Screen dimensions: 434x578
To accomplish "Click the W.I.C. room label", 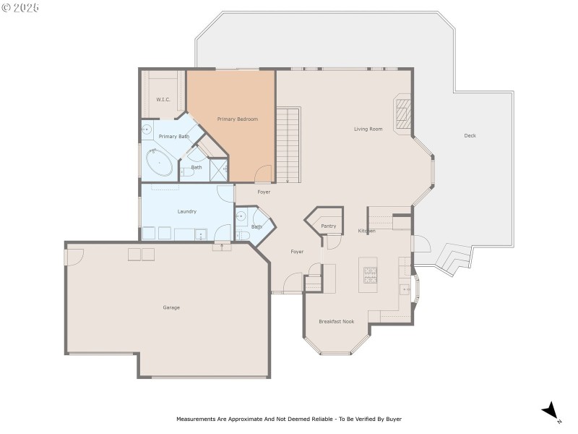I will point(163,99).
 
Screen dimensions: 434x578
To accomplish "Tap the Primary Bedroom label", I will point(238,119).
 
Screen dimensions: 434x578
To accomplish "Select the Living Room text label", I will point(368,129).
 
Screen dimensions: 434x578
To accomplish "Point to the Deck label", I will point(470,136).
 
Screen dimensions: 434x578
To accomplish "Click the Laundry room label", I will point(187,211).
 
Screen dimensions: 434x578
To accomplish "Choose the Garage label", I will point(171,307).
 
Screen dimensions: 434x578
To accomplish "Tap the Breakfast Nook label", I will point(337,321).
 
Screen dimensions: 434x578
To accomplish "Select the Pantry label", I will point(329,226).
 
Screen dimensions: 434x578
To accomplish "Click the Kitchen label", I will point(367,231).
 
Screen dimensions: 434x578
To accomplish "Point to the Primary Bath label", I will point(173,137).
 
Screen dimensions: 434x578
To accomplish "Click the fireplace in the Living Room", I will point(402,114).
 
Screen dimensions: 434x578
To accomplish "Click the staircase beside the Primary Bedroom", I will point(288,145).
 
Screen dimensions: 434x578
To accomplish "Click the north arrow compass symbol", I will point(551,412).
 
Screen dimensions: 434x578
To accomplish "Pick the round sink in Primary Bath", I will point(147,130).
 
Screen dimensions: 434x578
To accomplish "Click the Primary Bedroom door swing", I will point(264,174).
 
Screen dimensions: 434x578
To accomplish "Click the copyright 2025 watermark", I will point(20,7).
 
